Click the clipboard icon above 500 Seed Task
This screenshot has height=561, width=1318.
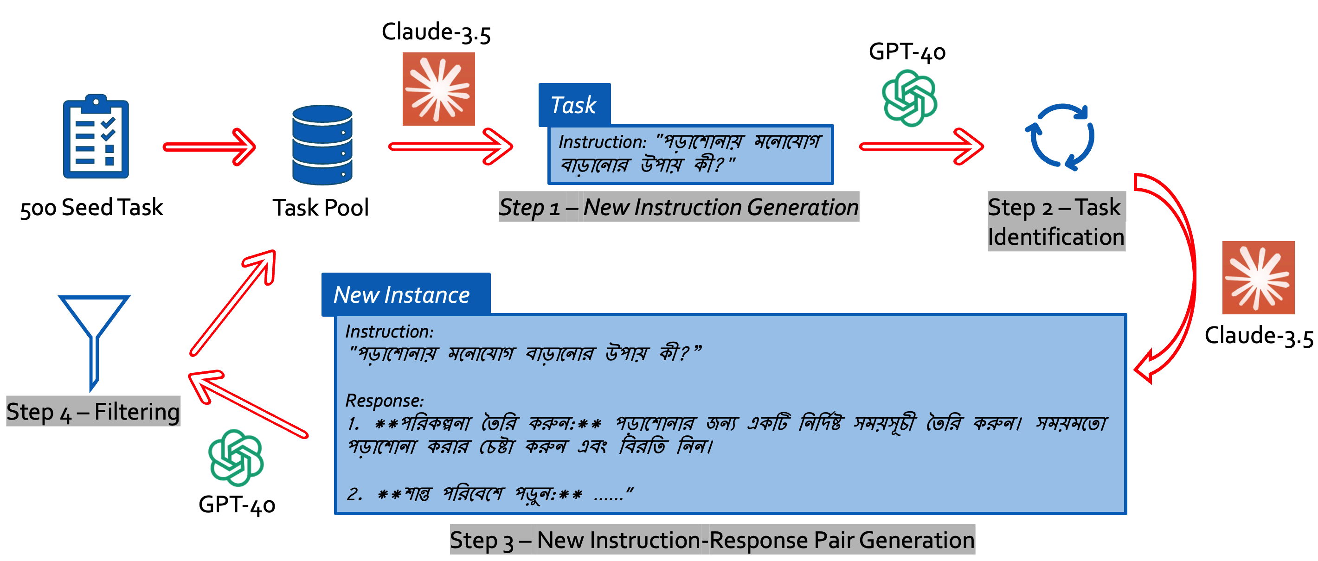click(x=96, y=137)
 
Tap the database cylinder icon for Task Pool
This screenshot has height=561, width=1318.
click(x=322, y=145)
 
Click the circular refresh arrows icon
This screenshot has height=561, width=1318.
click(x=1060, y=137)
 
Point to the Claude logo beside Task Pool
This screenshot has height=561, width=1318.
click(x=438, y=89)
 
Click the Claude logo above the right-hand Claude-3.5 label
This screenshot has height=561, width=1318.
click(x=1258, y=278)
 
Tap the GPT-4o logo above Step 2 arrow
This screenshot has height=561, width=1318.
click(x=909, y=98)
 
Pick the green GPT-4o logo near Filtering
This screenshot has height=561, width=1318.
click(x=236, y=457)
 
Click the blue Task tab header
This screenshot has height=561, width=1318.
click(x=574, y=105)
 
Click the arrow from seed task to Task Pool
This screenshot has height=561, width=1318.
click(x=209, y=147)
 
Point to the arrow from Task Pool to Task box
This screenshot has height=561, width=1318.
click(x=450, y=147)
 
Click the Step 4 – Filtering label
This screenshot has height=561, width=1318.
click(x=93, y=412)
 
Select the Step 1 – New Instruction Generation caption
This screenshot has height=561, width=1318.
click(x=678, y=207)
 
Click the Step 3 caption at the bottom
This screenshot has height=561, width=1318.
click(x=712, y=540)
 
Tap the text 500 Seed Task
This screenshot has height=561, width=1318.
click(x=91, y=208)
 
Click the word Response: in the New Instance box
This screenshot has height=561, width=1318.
click(x=385, y=401)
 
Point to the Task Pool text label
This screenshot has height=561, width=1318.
click(x=320, y=208)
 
